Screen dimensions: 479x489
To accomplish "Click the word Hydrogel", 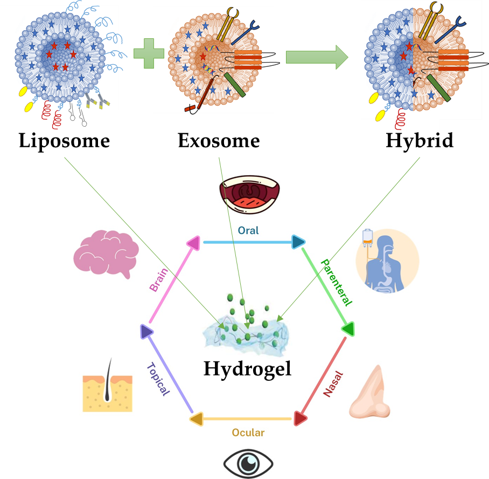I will [x=247, y=369].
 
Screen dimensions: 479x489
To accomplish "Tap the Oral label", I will [x=248, y=230].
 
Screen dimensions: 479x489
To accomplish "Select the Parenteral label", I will [x=337, y=283].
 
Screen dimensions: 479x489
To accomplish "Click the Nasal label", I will [x=333, y=384].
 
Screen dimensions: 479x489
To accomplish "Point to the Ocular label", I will [x=248, y=432].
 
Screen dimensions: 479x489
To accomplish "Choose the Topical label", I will [x=157, y=378].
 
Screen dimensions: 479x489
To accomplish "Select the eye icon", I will [x=248, y=463].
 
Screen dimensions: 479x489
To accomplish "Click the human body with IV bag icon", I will [x=387, y=261].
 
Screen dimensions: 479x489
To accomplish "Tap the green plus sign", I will [x=148, y=57].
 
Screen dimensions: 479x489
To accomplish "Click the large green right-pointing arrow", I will [x=317, y=57].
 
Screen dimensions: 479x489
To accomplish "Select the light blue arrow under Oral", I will [x=248, y=242].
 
